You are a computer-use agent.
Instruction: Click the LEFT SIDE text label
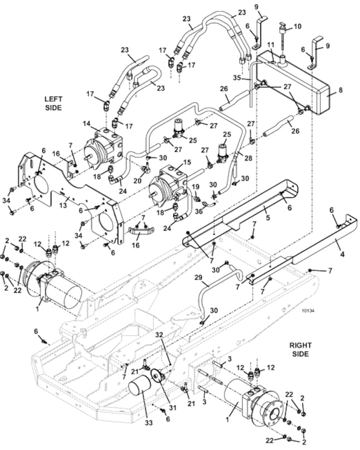pyautogui.click(x=53, y=103)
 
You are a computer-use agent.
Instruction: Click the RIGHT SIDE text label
pyautogui.click(x=300, y=350)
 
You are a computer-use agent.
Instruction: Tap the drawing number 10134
pyautogui.click(x=308, y=310)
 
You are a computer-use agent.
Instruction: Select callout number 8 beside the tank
pyautogui.click(x=341, y=90)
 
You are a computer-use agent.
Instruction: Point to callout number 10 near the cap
pyautogui.click(x=297, y=26)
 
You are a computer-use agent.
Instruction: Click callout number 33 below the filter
pyautogui.click(x=149, y=422)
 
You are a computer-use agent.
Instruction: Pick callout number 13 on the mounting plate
pyautogui.click(x=63, y=205)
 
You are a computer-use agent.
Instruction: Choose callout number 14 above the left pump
pyautogui.click(x=87, y=124)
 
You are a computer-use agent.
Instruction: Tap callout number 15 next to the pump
pyautogui.click(x=187, y=162)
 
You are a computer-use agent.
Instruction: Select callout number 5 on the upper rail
pyautogui.click(x=268, y=217)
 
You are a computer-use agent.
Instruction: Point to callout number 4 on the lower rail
pyautogui.click(x=342, y=254)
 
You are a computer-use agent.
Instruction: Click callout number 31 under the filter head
pyautogui.click(x=173, y=407)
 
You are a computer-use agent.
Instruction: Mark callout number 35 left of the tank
pyautogui.click(x=237, y=78)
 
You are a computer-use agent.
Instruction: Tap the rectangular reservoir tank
pyautogui.click(x=292, y=82)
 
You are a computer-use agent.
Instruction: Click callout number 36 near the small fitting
pyautogui.click(x=198, y=211)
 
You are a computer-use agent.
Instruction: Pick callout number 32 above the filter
pyautogui.click(x=159, y=335)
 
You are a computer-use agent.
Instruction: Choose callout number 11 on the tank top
pyautogui.click(x=270, y=45)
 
